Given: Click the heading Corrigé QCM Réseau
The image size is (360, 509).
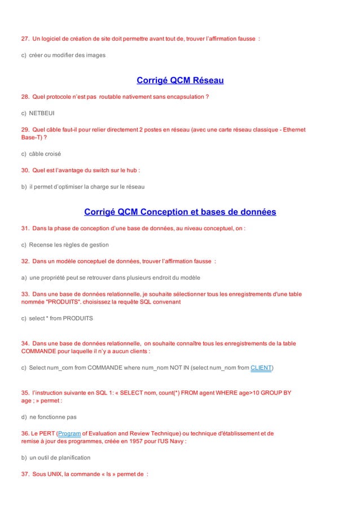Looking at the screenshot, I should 180,80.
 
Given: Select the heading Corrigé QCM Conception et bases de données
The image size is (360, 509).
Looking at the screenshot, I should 180,212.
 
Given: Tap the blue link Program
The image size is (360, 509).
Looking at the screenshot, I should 69,433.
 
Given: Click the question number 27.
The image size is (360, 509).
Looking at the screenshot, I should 25,39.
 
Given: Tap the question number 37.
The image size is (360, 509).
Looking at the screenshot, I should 25,474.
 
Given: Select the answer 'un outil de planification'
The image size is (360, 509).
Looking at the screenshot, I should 59,458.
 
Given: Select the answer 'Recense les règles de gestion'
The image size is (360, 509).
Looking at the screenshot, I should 69,244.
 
